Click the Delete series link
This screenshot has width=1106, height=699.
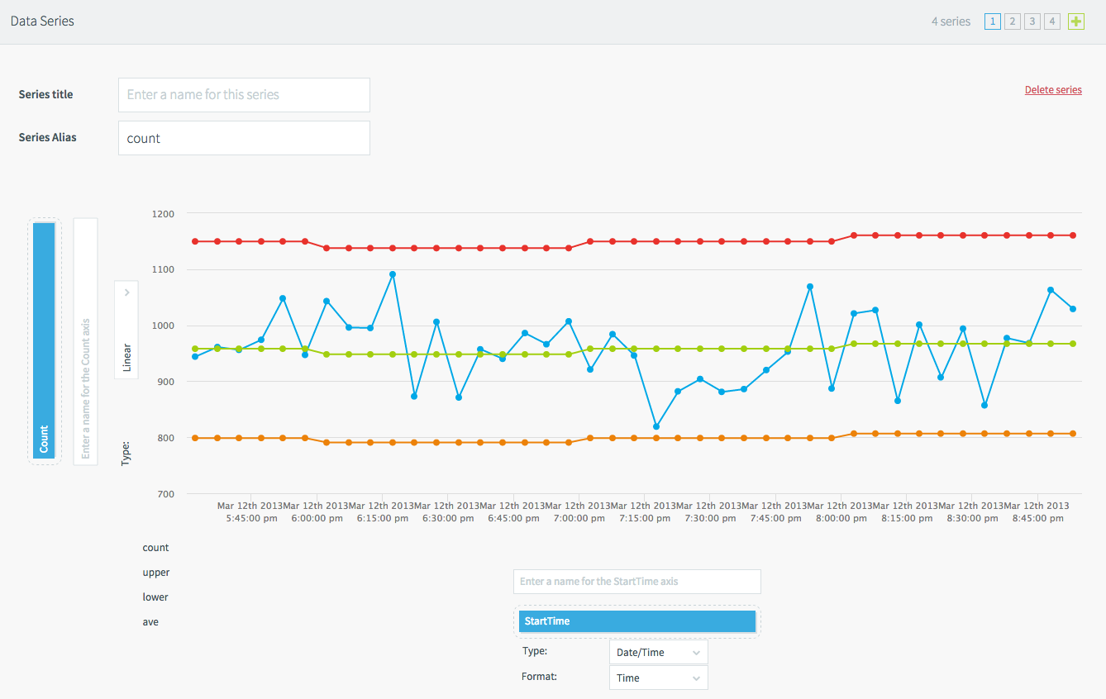click(x=1052, y=90)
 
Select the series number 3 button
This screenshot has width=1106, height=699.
click(x=1032, y=21)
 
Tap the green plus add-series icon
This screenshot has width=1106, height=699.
click(x=1075, y=21)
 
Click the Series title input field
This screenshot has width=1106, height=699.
click(x=244, y=95)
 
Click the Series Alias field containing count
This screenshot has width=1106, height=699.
click(x=244, y=138)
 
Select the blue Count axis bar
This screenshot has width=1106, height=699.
click(x=44, y=340)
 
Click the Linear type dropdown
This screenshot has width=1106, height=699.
click(x=126, y=330)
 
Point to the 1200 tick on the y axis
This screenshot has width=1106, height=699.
click(x=163, y=214)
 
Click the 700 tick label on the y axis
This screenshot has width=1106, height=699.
click(x=163, y=494)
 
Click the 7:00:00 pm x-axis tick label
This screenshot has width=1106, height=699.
click(x=579, y=518)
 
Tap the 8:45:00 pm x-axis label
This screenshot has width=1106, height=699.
click(x=1037, y=518)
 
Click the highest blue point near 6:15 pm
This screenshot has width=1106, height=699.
click(x=393, y=274)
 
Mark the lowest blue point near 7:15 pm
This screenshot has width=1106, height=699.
click(x=655, y=426)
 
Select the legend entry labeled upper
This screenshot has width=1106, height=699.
click(x=155, y=573)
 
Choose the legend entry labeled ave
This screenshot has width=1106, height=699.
click(x=150, y=622)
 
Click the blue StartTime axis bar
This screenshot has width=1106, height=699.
click(x=636, y=621)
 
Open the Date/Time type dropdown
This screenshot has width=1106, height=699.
click(x=658, y=652)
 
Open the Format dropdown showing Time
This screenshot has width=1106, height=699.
click(x=658, y=678)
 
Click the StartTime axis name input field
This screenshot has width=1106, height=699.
click(x=636, y=582)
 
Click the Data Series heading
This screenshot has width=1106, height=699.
click(x=42, y=21)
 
